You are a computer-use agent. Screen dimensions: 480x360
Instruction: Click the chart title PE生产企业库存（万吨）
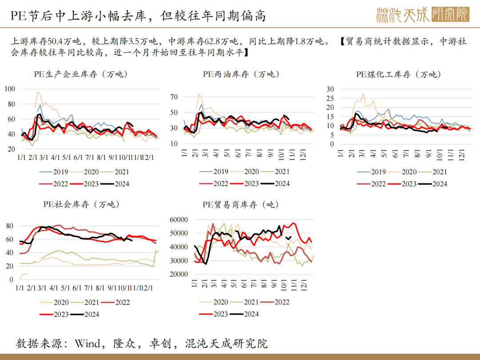pyautogui.click(x=81, y=74)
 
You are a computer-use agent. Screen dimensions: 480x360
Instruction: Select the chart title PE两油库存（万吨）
pyautogui.click(x=241, y=74)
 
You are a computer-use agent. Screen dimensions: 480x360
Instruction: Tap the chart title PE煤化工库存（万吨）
pyautogui.click(x=398, y=74)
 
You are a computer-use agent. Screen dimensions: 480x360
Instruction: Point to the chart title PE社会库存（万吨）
pyautogui.click(x=81, y=204)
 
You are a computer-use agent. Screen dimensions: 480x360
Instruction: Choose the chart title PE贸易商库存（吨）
pyautogui.click(x=240, y=204)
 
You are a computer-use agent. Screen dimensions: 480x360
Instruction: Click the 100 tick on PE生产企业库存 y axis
pyautogui.click(x=10, y=89)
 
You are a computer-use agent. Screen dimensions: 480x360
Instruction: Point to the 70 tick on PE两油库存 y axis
pyautogui.click(x=174, y=97)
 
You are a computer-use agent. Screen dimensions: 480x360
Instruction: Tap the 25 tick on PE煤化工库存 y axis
pyautogui.click(x=330, y=98)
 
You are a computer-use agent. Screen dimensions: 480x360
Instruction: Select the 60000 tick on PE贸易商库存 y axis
pyautogui.click(x=179, y=220)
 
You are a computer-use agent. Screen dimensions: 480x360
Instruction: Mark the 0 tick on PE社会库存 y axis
pyautogui.click(x=11, y=279)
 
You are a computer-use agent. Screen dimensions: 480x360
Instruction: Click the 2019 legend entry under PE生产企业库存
pyautogui.click(x=54, y=172)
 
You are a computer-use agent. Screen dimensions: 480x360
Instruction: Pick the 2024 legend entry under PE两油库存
pyautogui.click(x=275, y=184)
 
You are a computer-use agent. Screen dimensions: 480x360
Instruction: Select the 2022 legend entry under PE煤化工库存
pyautogui.click(x=371, y=184)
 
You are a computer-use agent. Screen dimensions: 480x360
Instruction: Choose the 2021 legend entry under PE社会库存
pyautogui.click(x=85, y=303)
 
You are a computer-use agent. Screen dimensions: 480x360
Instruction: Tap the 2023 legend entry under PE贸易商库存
pyautogui.click(x=213, y=314)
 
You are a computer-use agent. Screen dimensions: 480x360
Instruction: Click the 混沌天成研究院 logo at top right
pyautogui.click(x=423, y=15)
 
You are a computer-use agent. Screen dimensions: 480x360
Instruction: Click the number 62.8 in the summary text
pyautogui.click(x=212, y=41)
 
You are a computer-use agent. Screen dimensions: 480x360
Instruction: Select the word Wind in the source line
pyautogui.click(x=88, y=344)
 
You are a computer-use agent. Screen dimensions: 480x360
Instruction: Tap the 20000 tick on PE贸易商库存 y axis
pyautogui.click(x=179, y=274)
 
